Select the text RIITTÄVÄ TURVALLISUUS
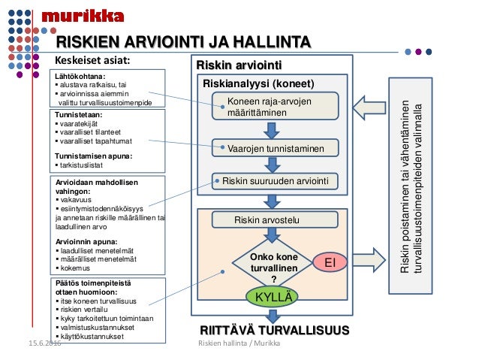(273, 331)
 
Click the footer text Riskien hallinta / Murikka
(238, 343)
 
